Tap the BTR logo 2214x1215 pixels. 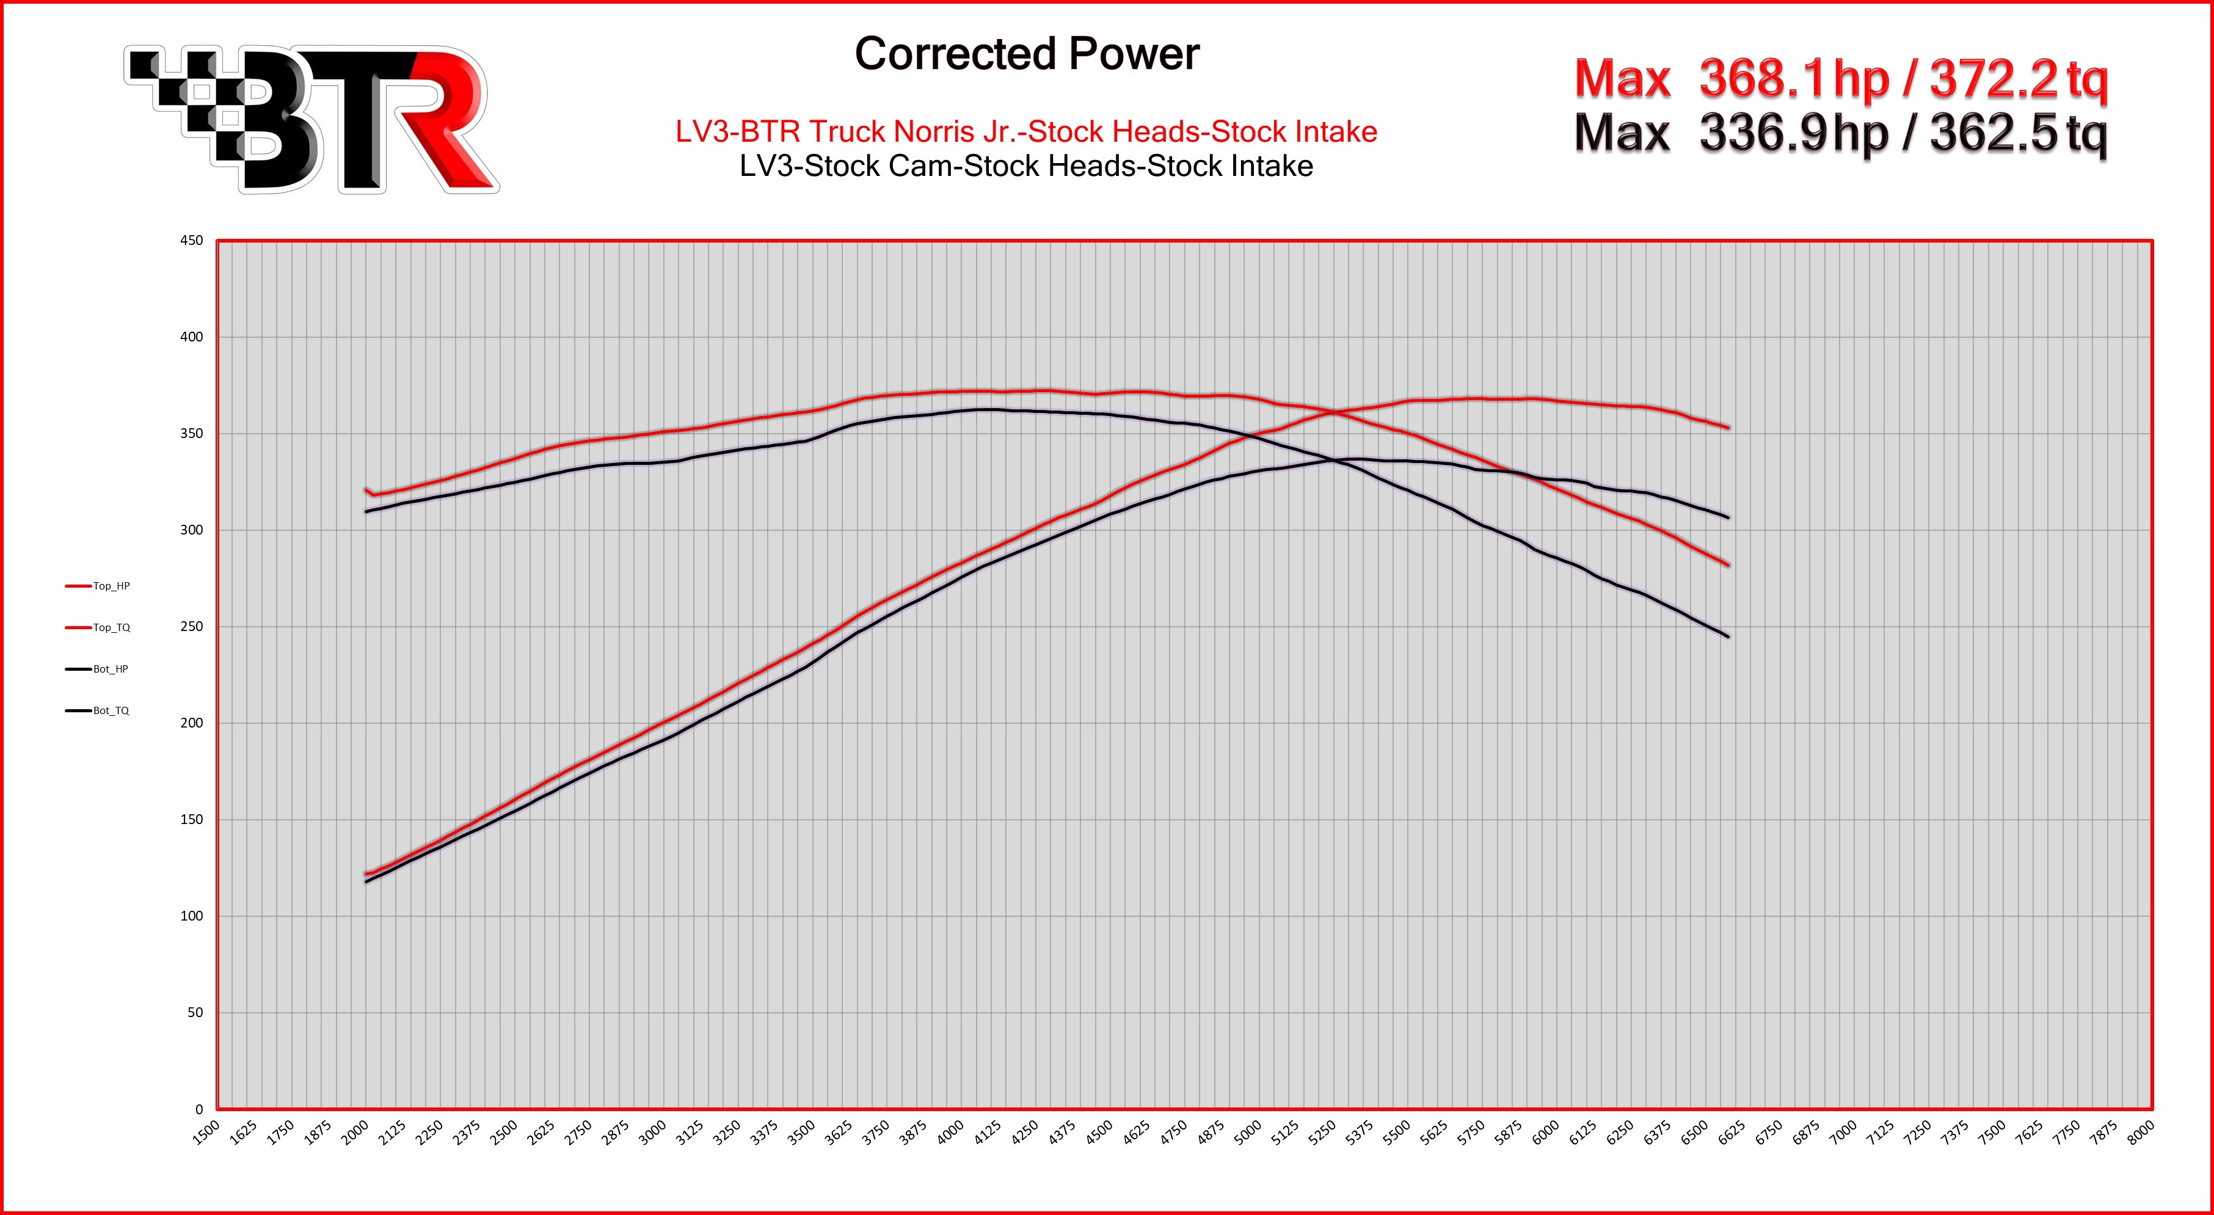pyautogui.click(x=311, y=120)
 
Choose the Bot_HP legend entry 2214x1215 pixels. pyautogui.click(x=110, y=669)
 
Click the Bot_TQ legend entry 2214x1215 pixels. pyautogui.click(x=111, y=711)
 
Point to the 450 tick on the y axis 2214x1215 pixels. pyautogui.click(x=192, y=241)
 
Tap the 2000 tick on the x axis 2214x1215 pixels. pyautogui.click(x=355, y=1133)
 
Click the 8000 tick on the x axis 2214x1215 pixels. pyautogui.click(x=2140, y=1133)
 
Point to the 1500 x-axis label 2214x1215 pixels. pyautogui.click(x=206, y=1133)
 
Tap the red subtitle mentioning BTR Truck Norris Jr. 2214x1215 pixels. pyautogui.click(x=1026, y=131)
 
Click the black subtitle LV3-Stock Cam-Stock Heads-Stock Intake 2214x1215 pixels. pyautogui.click(x=1026, y=166)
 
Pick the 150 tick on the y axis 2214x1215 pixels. pyautogui.click(x=192, y=819)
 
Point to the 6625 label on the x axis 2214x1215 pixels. pyautogui.click(x=1731, y=1133)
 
